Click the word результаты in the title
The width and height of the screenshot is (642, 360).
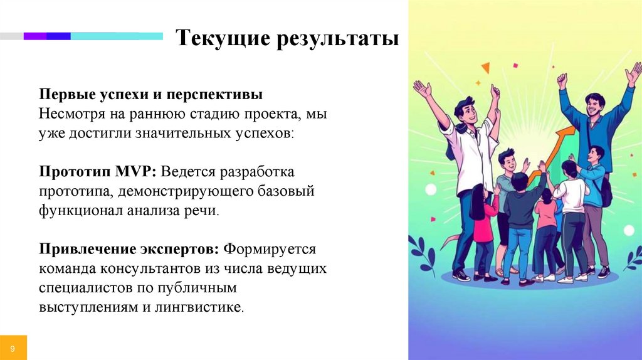click(331, 38)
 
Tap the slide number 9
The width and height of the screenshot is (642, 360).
click(13, 346)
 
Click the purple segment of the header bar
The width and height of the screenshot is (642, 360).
click(35, 36)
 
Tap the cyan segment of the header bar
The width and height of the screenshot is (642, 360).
click(116, 36)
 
